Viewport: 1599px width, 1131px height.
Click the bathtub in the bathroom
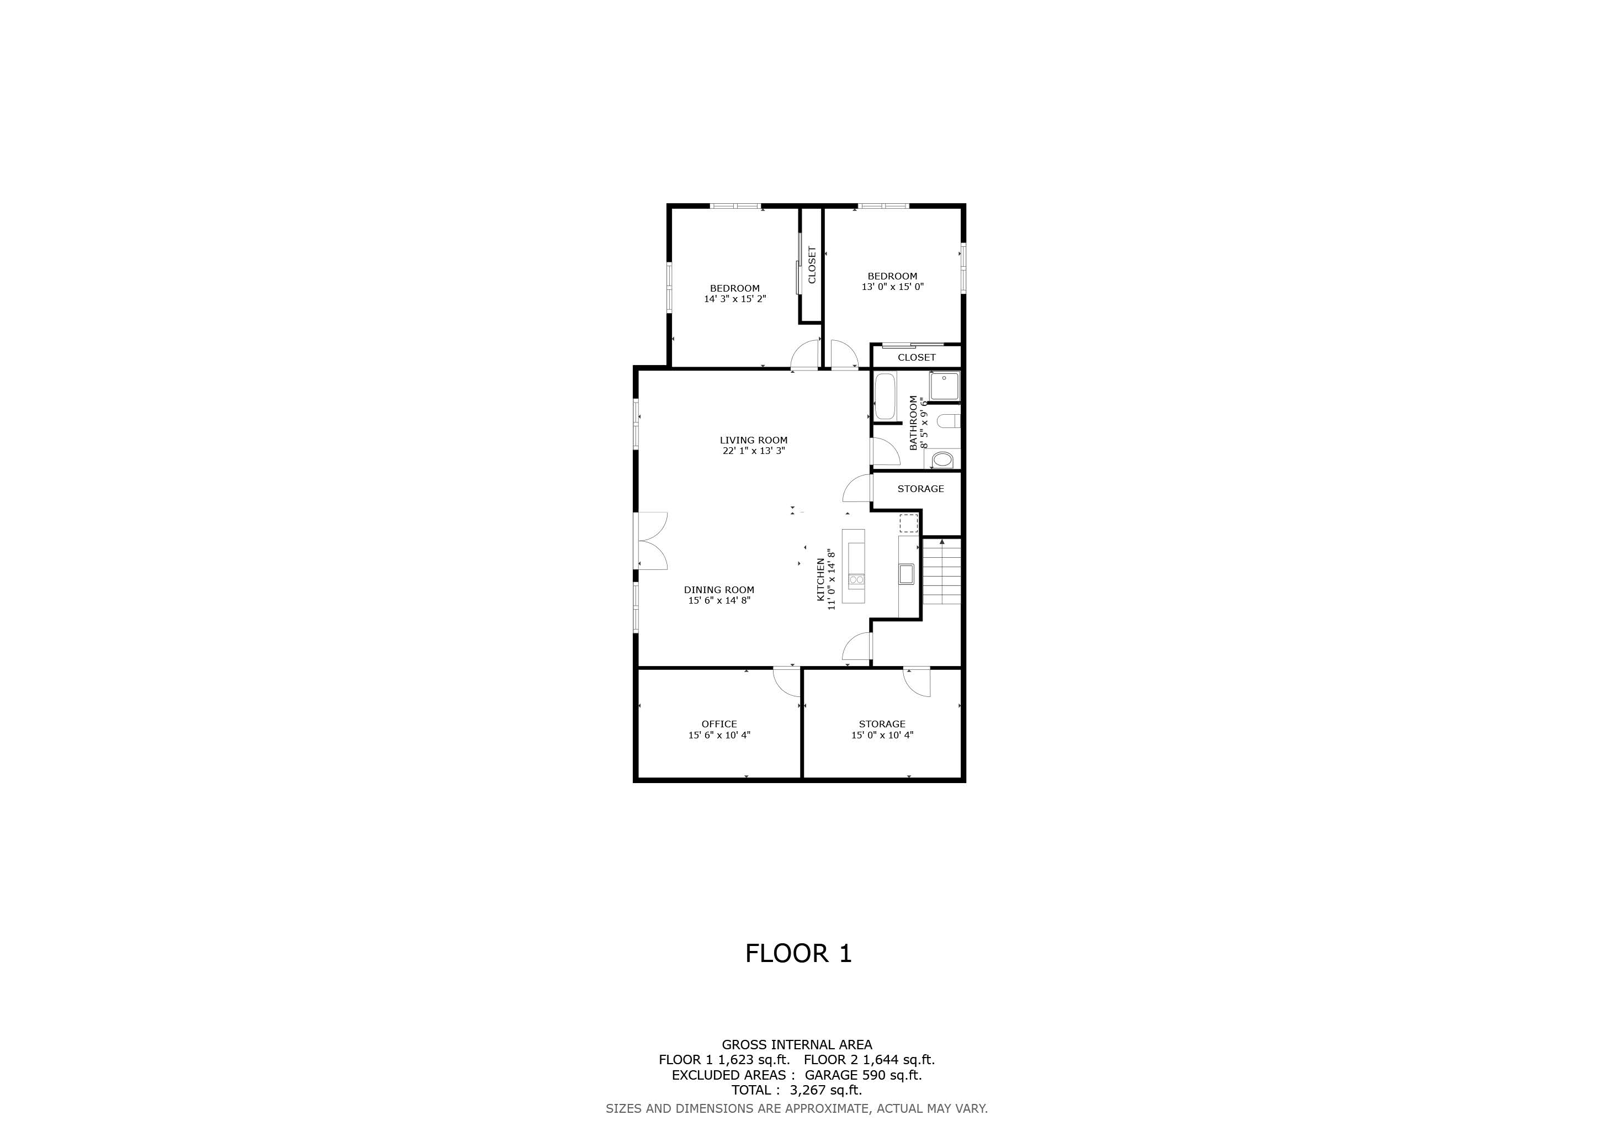tap(885, 397)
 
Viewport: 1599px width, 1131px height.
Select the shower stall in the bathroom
tap(944, 387)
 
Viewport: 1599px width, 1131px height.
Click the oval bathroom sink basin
tap(943, 459)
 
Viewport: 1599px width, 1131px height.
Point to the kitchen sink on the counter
tap(906, 574)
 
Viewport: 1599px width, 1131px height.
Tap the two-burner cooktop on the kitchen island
tap(856, 579)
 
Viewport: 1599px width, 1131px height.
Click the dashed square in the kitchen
tap(908, 523)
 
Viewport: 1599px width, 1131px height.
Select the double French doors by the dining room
tap(163, 541)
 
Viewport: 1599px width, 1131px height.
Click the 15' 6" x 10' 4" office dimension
tap(719, 734)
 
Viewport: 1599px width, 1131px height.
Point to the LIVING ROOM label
tap(754, 440)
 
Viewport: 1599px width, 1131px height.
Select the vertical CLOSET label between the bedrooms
tap(811, 265)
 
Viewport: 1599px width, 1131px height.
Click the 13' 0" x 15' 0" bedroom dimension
tap(893, 286)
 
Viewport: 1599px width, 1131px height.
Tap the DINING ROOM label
tap(719, 590)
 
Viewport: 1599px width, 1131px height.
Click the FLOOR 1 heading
tap(799, 953)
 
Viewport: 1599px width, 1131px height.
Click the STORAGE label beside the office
tap(882, 725)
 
